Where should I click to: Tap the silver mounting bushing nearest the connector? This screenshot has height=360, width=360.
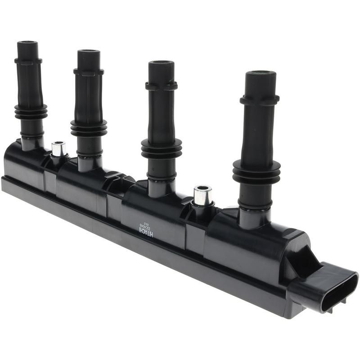pos(203,196)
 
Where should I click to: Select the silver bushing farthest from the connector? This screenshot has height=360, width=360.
pos(58,149)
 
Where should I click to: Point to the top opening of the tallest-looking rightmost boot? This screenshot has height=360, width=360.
pos(261,73)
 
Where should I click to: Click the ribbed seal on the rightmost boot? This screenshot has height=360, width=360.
pos(256,171)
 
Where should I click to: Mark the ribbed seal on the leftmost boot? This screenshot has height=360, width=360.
pos(31,112)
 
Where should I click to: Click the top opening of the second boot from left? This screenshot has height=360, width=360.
pos(89,51)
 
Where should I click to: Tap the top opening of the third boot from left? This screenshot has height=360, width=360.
pos(161,63)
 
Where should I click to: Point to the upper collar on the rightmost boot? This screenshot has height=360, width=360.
pos(260,100)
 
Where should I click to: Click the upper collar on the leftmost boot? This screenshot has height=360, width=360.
pos(28,60)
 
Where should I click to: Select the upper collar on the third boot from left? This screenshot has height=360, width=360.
pos(161,85)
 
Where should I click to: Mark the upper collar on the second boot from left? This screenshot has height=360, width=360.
pos(89,72)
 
